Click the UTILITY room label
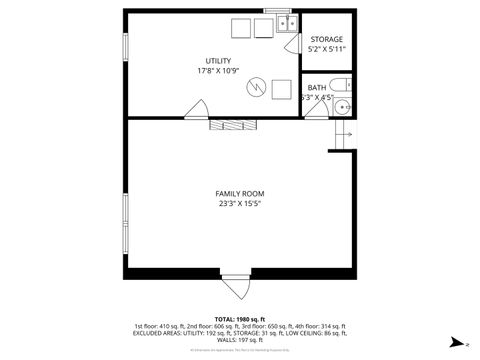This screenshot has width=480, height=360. click(218, 60)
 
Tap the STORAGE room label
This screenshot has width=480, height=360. click(326, 39)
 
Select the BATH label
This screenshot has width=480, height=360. click(316, 88)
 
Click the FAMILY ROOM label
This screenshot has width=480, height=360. click(239, 193)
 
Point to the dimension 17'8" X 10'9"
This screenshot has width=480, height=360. click(218, 70)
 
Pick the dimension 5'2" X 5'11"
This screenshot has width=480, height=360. click(326, 49)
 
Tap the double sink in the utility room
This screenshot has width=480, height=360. click(285, 26)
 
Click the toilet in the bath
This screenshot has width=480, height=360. click(340, 84)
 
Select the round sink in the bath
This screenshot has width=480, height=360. click(343, 105)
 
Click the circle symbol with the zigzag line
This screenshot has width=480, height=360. click(257, 87)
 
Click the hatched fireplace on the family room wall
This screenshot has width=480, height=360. click(230, 124)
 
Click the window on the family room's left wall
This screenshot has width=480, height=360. click(124, 215)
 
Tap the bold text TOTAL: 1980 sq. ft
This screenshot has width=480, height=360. click(239, 318)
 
